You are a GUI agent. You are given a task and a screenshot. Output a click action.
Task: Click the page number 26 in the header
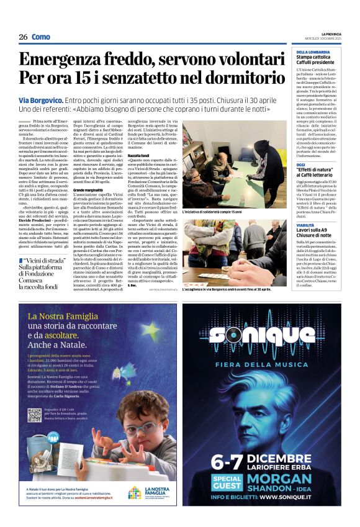(x=23, y=37)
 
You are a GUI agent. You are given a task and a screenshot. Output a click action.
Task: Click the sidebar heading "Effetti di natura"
(x=318, y=171)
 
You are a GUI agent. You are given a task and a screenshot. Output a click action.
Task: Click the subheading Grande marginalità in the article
(x=88, y=189)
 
